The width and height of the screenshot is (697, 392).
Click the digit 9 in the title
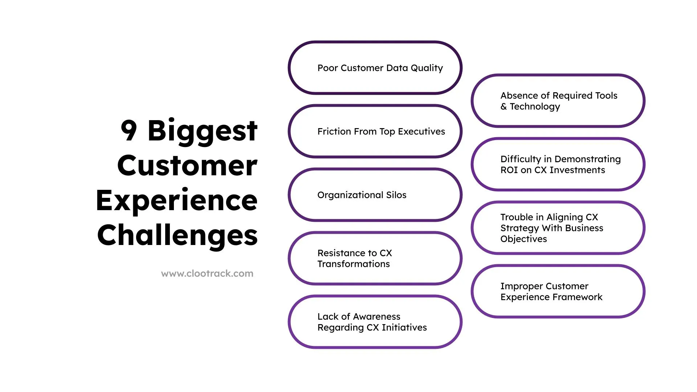pos(129,130)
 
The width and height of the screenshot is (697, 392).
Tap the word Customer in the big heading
pos(187,166)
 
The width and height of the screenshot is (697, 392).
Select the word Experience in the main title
pos(176,201)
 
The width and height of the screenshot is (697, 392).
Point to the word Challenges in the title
pos(177,236)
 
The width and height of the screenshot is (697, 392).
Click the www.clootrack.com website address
pos(207,274)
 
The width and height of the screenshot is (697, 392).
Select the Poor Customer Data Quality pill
pos(375,68)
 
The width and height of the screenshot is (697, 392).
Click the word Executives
pos(421,131)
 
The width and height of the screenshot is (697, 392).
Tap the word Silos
pos(396,195)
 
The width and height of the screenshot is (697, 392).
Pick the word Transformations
pos(353,264)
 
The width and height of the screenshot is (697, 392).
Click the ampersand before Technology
pos(504,106)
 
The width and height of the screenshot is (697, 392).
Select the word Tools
pos(606,95)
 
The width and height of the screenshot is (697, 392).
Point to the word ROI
pos(509,170)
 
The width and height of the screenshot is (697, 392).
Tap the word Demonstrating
pos(587,159)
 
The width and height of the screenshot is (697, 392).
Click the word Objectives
pos(523,239)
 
